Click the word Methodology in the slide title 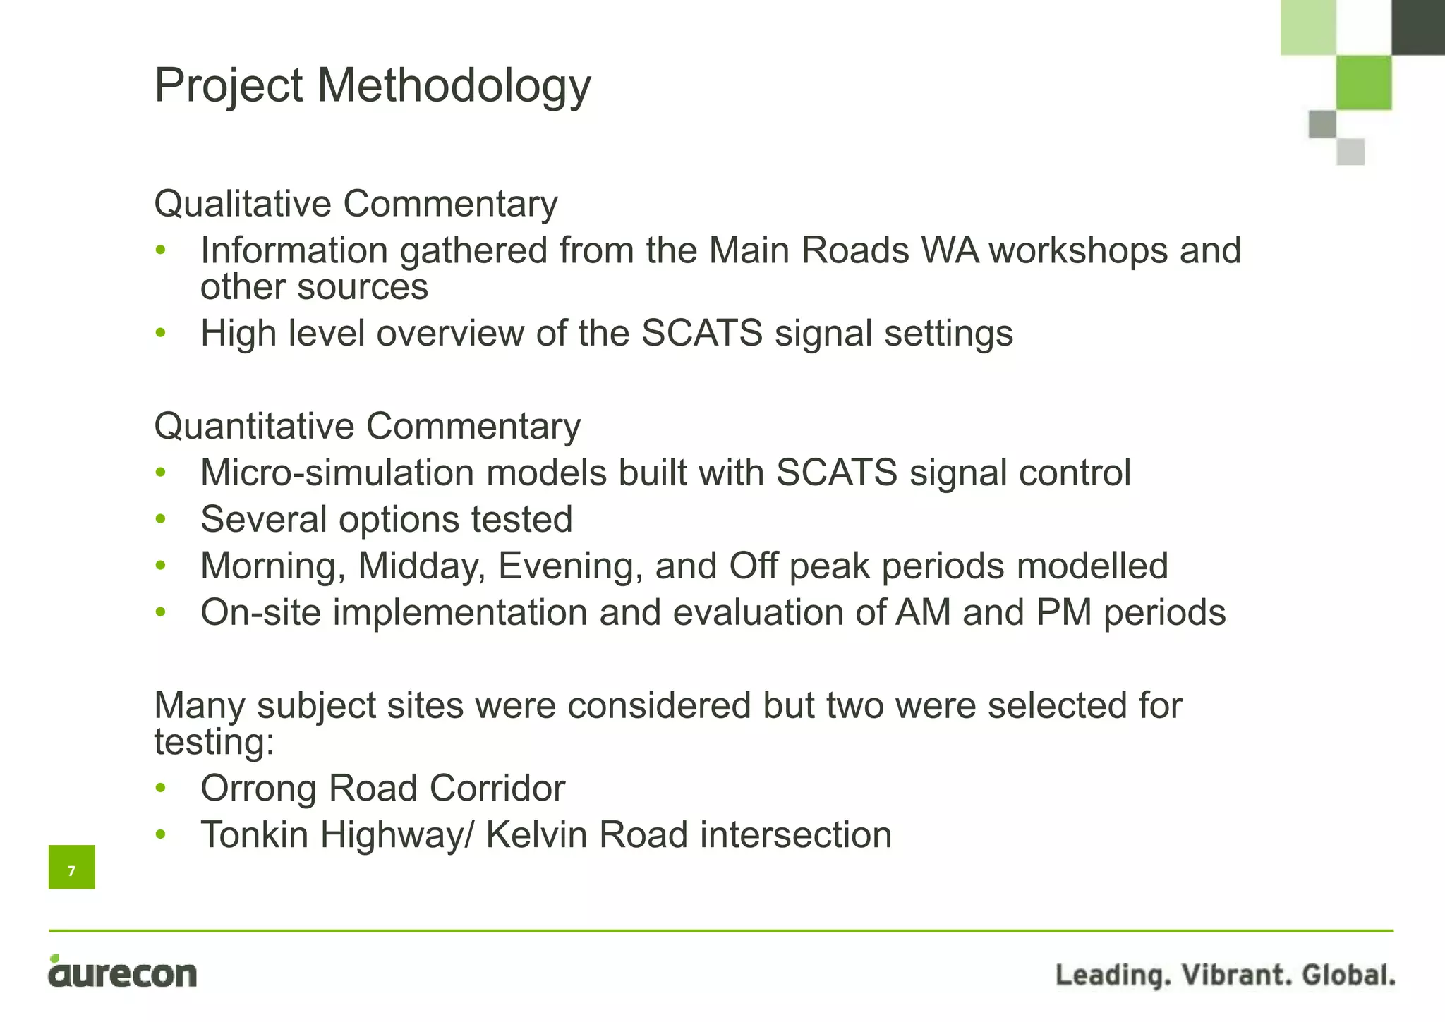454,86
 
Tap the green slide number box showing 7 71,867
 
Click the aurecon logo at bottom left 122,973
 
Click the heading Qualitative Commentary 356,204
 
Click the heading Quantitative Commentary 367,427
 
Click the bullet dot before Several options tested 161,519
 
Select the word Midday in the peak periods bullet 421,566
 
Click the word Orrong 258,788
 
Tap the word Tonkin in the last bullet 254,834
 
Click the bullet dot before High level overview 161,333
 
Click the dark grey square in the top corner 1418,26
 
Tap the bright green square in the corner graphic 1364,83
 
